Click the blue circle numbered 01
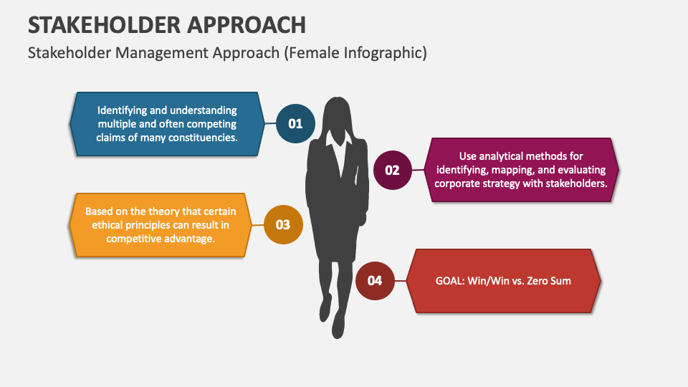[295, 124]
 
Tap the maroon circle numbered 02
[393, 171]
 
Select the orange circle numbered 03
[284, 225]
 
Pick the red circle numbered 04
[375, 280]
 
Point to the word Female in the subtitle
[312, 53]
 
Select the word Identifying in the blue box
[124, 110]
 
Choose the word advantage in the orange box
[188, 239]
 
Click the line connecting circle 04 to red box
[400, 280]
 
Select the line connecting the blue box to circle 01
[268, 124]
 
